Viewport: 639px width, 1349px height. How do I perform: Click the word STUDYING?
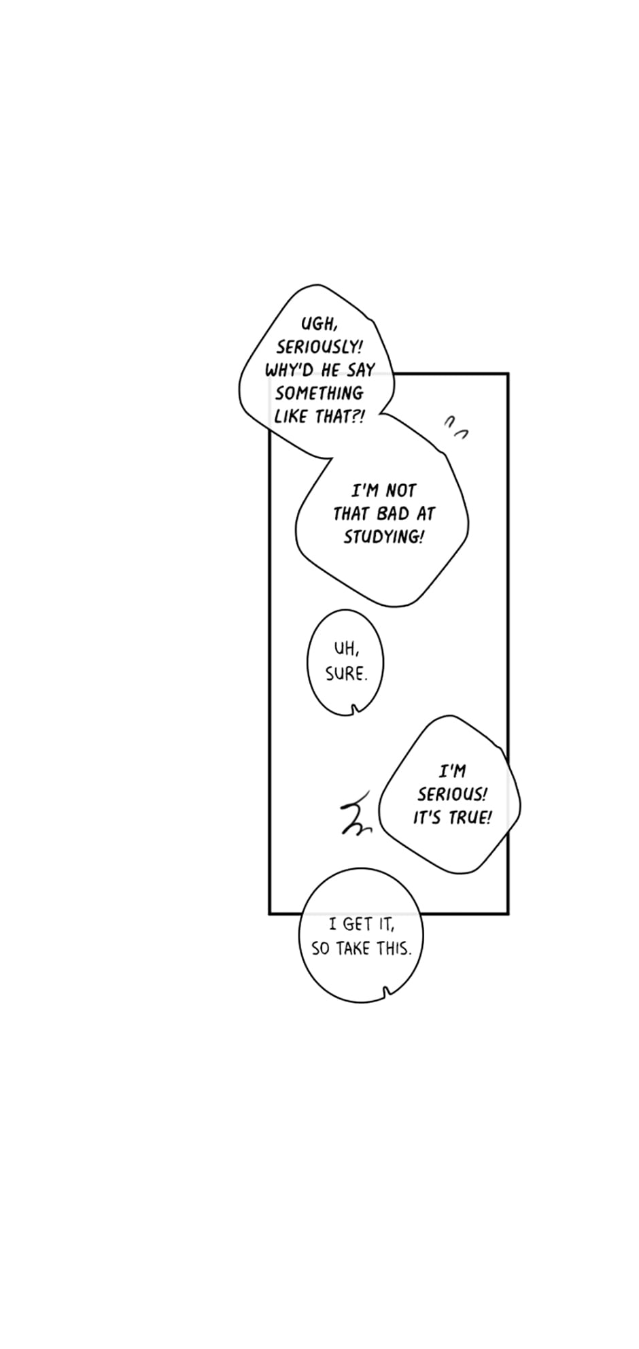(383, 536)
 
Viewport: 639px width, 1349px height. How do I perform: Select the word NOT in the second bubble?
(400, 490)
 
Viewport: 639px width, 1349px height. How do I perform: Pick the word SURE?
(346, 674)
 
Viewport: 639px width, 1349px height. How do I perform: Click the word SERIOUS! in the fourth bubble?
(452, 794)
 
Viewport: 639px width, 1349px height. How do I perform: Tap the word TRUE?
(468, 817)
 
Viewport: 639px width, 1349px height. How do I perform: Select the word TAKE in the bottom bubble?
(353, 949)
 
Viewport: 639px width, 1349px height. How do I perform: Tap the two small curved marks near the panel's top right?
(456, 427)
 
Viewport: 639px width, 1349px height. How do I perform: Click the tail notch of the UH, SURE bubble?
(353, 710)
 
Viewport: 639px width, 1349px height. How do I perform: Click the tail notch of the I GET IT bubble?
(387, 992)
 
